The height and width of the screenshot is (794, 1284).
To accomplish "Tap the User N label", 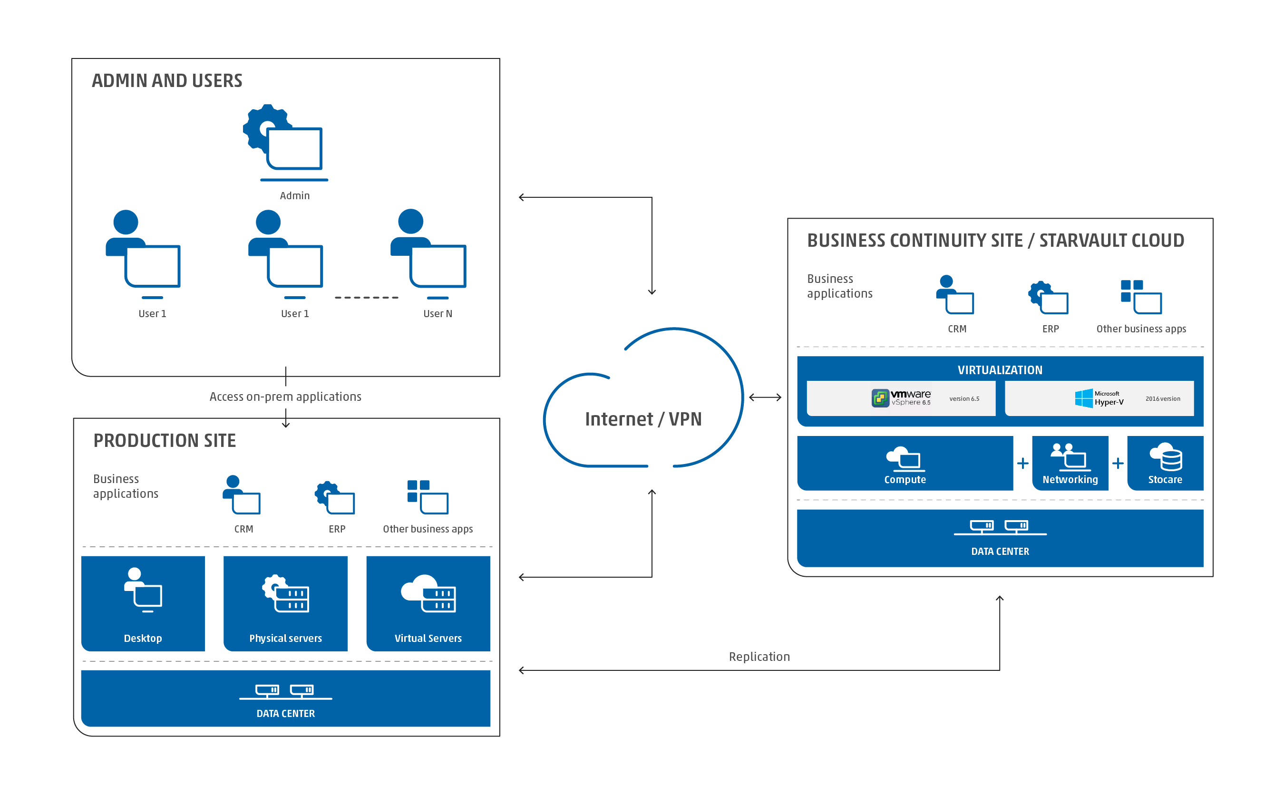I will [x=438, y=313].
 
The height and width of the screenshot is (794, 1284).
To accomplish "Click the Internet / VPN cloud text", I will [x=643, y=419].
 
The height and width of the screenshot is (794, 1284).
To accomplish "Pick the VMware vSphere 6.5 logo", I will [x=901, y=398].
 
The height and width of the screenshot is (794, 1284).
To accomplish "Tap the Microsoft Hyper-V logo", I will [x=1099, y=398].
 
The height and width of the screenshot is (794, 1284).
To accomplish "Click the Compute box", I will [x=905, y=463].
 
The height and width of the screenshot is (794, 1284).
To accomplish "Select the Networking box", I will [x=1070, y=463].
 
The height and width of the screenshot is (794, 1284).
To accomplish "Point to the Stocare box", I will [x=1165, y=463].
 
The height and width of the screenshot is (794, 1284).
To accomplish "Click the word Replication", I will [x=759, y=657].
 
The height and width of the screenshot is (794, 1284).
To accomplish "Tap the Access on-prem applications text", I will [x=285, y=397].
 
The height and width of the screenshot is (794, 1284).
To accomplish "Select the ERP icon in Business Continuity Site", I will [x=1048, y=298].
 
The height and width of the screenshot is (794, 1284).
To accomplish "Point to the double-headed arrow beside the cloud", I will [x=765, y=397].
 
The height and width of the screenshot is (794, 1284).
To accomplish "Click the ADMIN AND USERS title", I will [x=167, y=80].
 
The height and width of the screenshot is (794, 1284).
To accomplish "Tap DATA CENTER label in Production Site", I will [x=285, y=713].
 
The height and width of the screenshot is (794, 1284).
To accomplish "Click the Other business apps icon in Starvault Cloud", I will [x=1141, y=297].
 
